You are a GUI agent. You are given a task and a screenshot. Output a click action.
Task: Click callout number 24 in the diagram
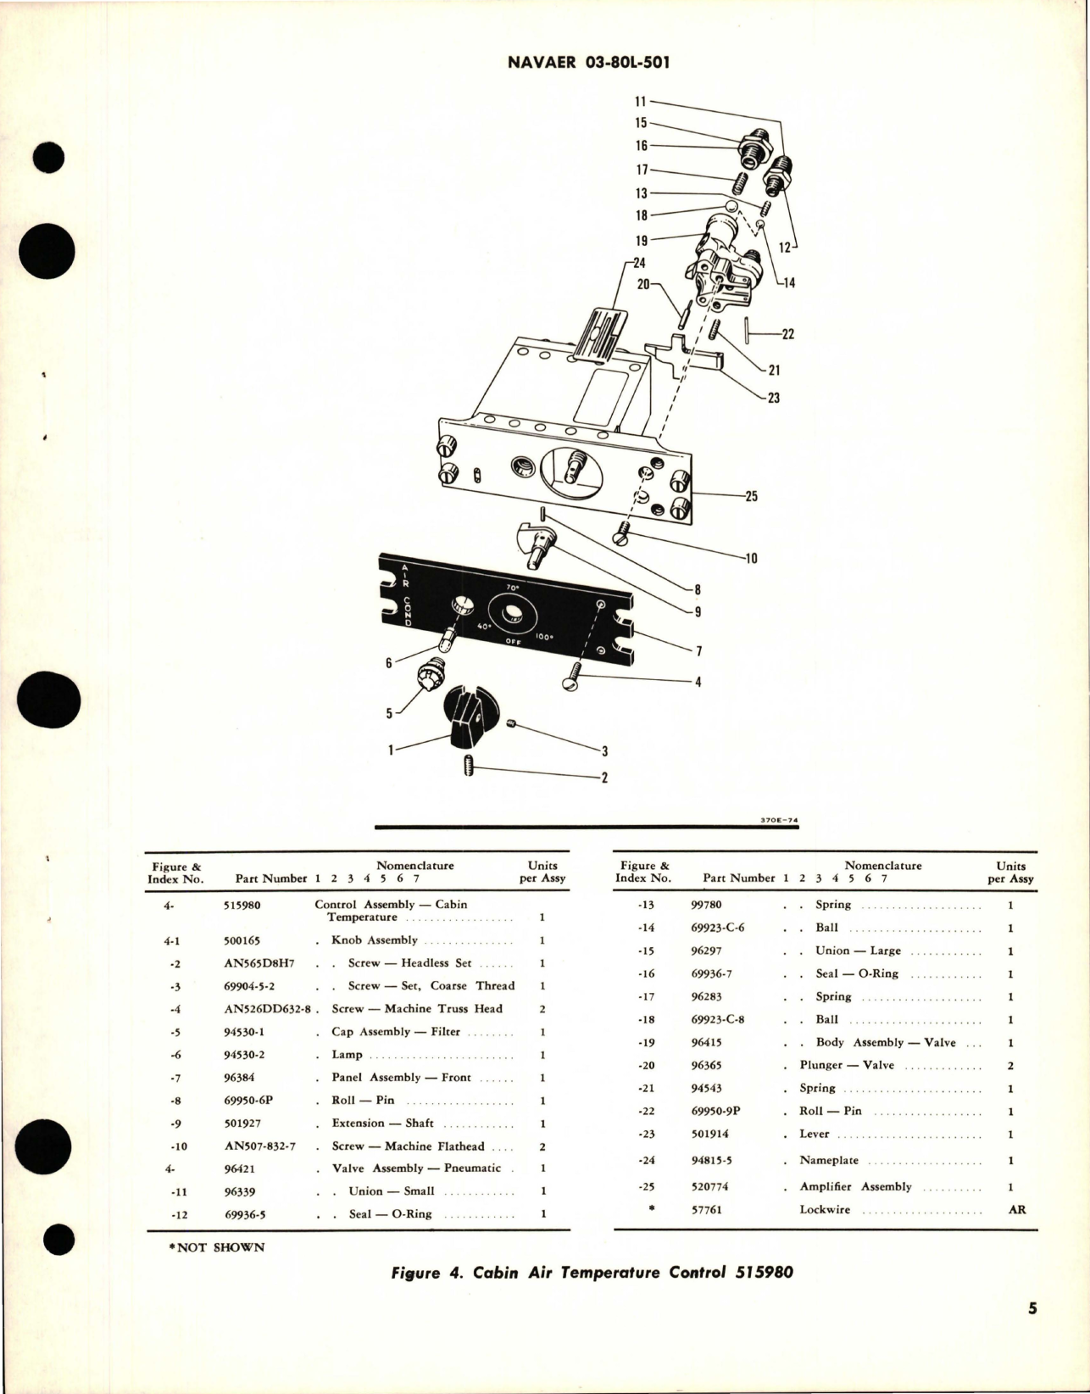tap(639, 263)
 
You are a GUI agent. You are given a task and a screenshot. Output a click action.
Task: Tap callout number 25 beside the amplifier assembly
tap(751, 497)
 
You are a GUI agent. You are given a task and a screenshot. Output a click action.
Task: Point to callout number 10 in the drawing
tap(751, 558)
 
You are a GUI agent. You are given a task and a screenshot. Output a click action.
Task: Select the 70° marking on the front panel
tap(512, 587)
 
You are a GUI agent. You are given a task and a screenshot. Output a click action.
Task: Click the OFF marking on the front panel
tap(512, 642)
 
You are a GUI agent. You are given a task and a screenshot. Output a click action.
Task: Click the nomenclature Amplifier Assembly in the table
tap(855, 1187)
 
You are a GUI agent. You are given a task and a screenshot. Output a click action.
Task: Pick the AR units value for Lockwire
tap(1016, 1210)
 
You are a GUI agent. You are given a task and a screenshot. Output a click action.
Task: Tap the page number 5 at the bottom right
tap(1032, 1332)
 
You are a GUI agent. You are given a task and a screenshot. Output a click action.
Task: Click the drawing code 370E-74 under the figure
tap(781, 821)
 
